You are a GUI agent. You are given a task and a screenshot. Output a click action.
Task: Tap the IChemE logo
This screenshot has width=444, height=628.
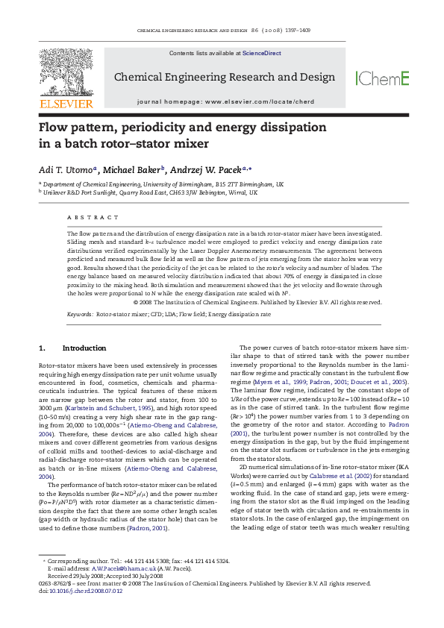(x=383, y=78)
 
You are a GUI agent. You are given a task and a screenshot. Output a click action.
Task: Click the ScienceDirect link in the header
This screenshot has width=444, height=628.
(x=261, y=54)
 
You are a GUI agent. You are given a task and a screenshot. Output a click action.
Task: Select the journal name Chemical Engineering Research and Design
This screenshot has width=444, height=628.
(x=224, y=78)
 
